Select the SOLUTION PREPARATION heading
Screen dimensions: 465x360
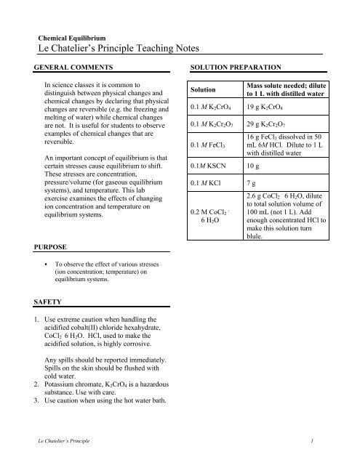coord(237,67)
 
